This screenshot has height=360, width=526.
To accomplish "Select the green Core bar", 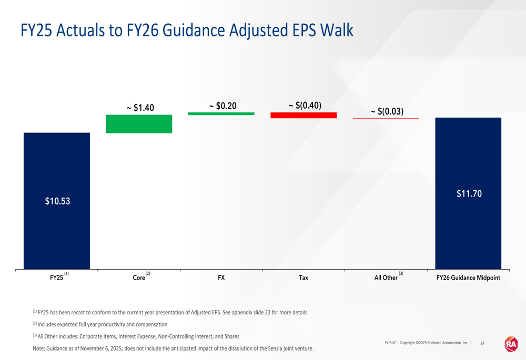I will click(x=139, y=124).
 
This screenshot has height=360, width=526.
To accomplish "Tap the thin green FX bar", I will click(x=221, y=114).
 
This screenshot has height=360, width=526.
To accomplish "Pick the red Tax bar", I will click(x=304, y=115).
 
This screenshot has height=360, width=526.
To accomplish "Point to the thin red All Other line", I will click(x=386, y=118).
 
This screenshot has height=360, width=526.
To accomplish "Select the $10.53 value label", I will click(x=57, y=201).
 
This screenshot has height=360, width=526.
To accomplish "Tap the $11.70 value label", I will click(x=469, y=194).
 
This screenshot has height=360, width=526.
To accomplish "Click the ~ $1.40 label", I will click(x=140, y=108).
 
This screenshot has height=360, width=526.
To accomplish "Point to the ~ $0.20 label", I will click(x=222, y=106).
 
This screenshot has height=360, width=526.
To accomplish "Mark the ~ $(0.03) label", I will click(x=387, y=111).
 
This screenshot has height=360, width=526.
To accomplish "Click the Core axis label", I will click(x=139, y=278).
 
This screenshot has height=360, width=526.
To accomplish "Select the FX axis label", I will click(x=221, y=278).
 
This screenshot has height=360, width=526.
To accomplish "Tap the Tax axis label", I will click(x=304, y=278).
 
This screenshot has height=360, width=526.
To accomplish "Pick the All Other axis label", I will click(x=386, y=278).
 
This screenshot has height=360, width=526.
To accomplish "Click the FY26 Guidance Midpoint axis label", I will click(x=468, y=278).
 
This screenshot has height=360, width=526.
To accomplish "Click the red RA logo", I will click(x=511, y=344).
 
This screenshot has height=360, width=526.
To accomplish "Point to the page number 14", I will click(x=483, y=343).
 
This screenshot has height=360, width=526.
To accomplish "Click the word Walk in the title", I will click(x=337, y=30).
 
